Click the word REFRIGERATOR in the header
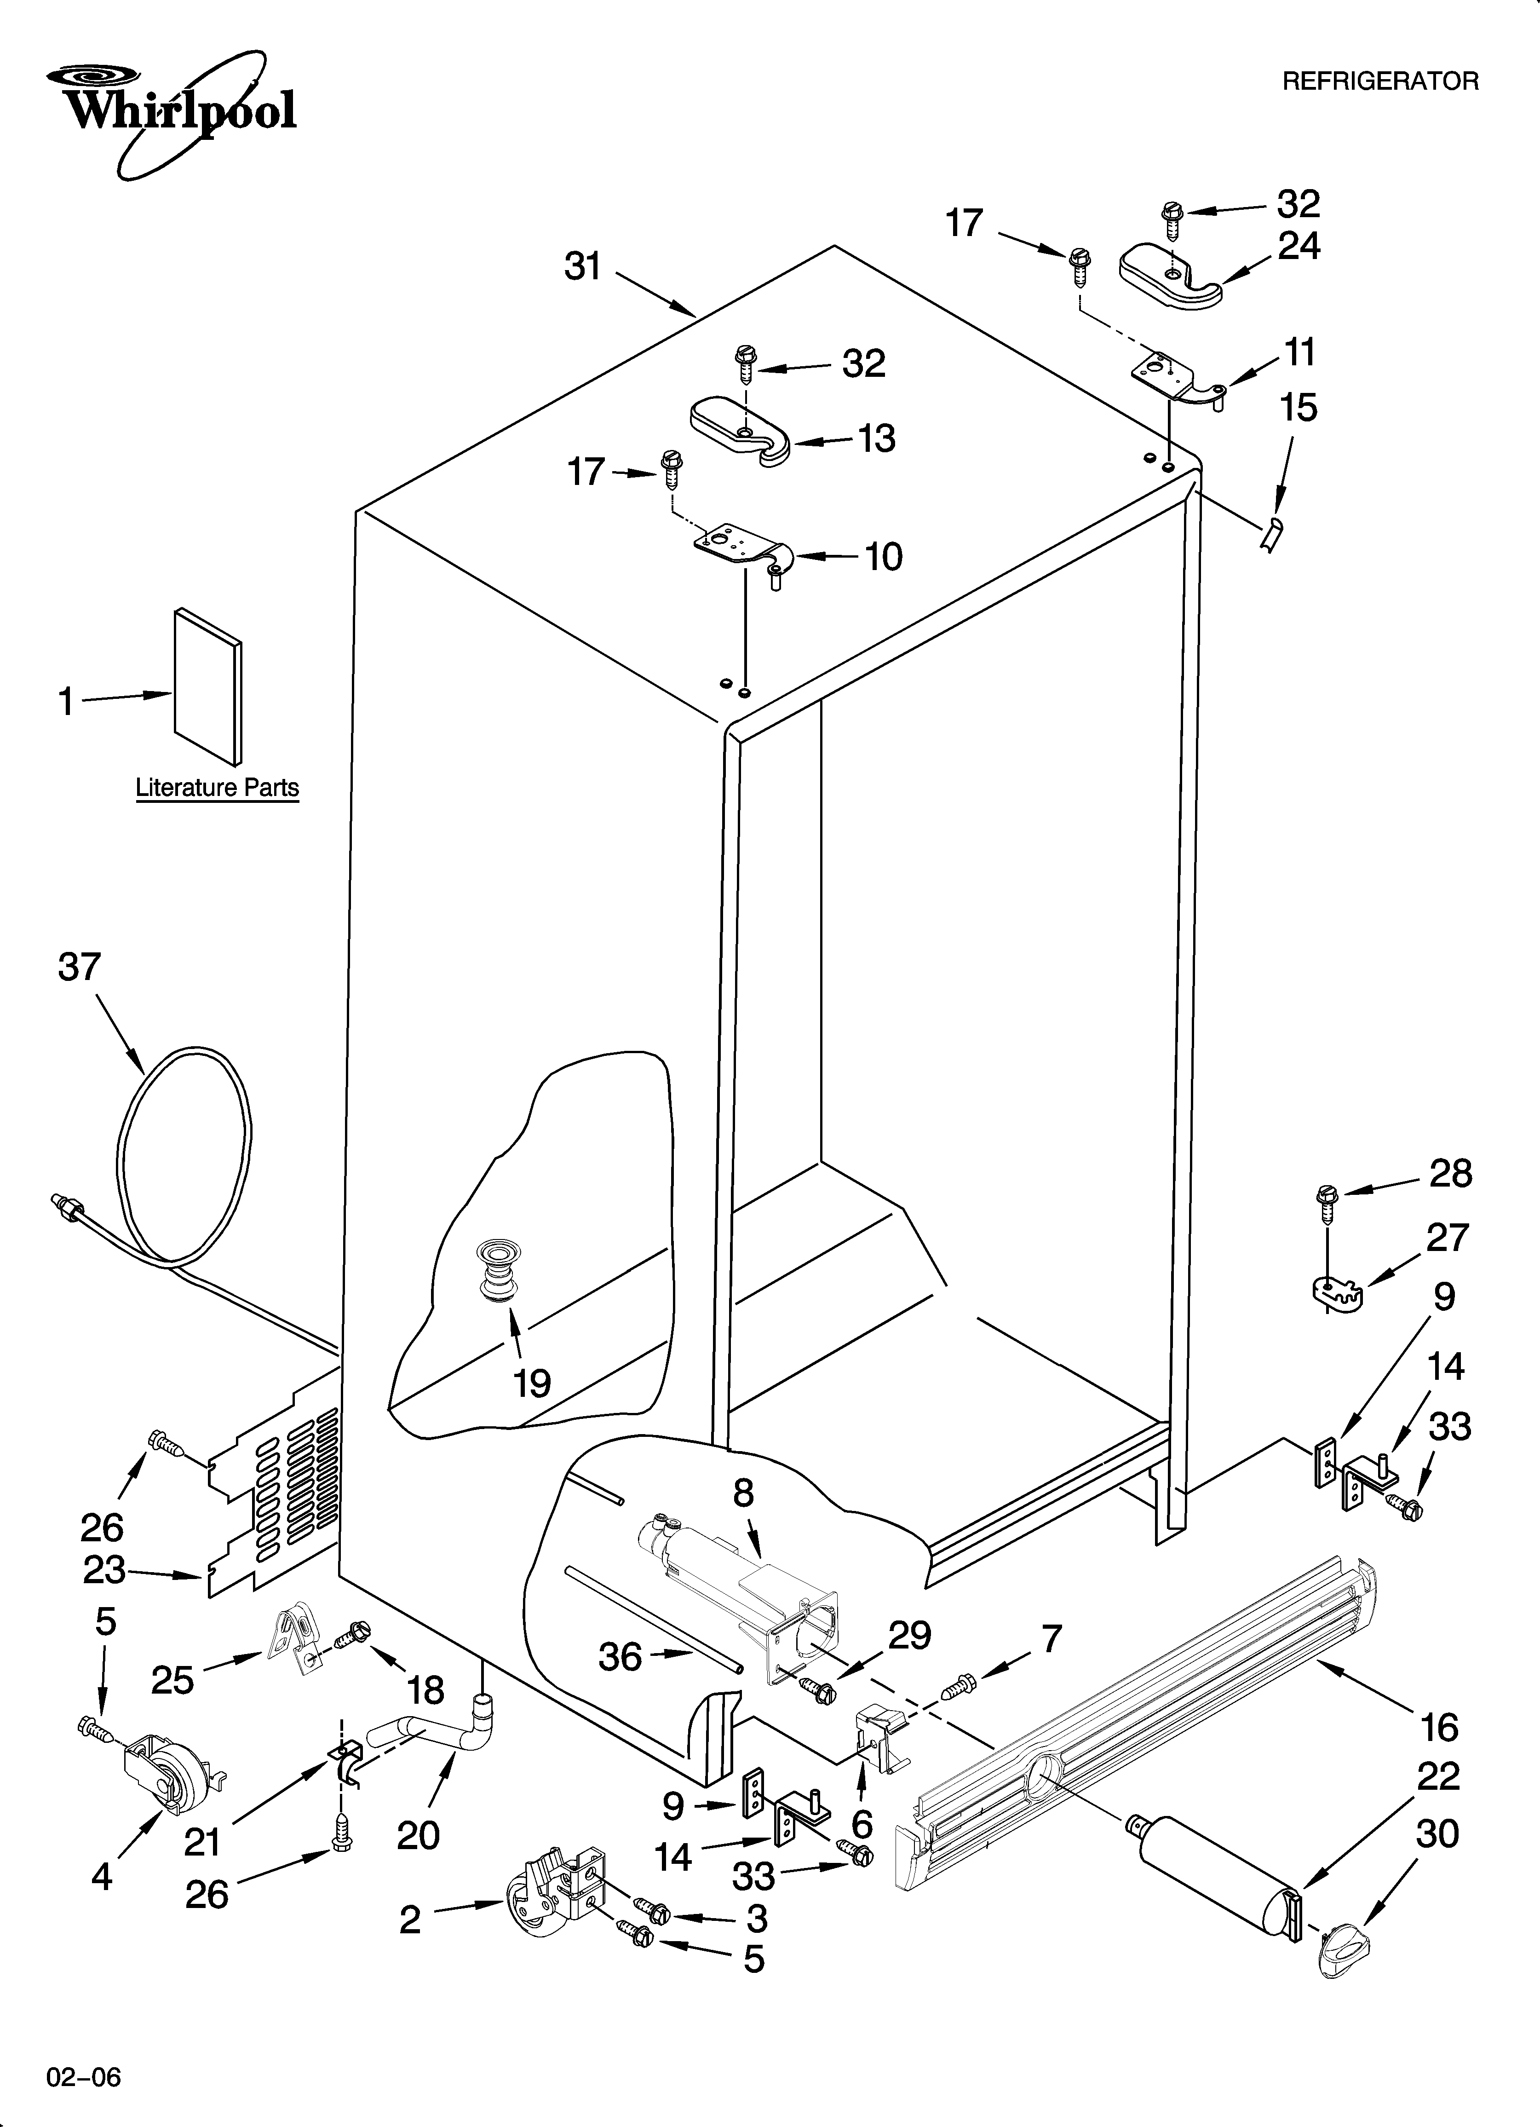[1379, 81]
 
